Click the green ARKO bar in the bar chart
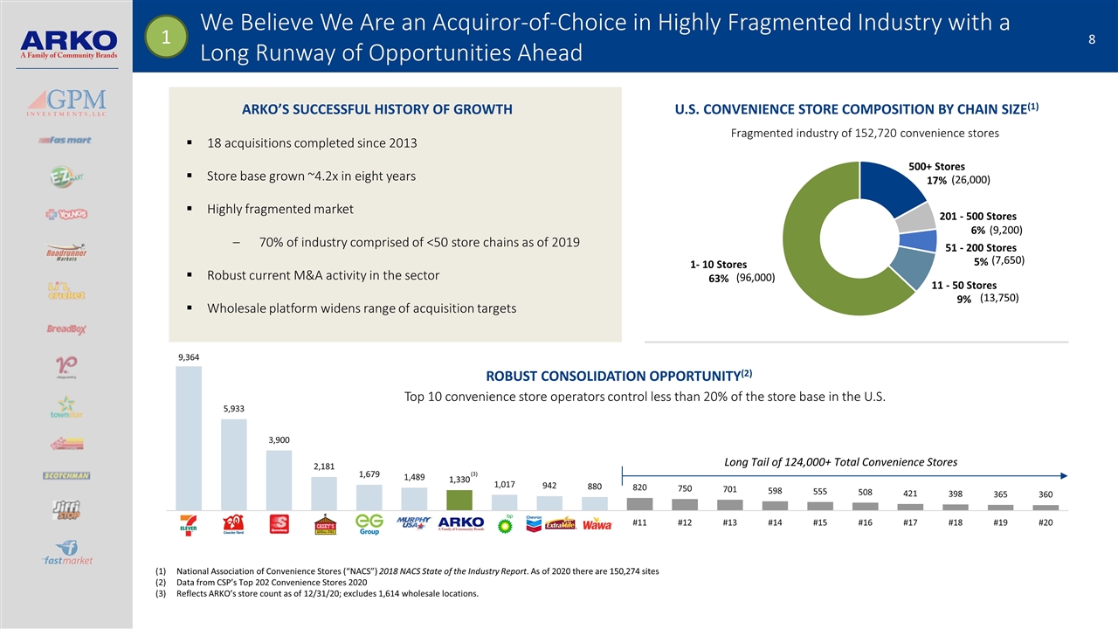(459, 500)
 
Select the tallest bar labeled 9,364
(189, 437)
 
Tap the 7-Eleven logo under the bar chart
(189, 524)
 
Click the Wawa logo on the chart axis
(597, 524)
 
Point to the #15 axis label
(820, 523)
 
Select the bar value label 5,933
(234, 409)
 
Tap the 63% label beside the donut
(719, 280)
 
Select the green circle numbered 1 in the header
(162, 37)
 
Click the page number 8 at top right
(1092, 38)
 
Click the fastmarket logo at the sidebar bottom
(68, 558)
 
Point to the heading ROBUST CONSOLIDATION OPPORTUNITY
(612, 377)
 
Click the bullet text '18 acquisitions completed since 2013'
(312, 143)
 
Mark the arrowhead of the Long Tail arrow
(1066, 475)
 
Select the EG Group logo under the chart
(369, 523)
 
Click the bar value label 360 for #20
(1046, 494)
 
